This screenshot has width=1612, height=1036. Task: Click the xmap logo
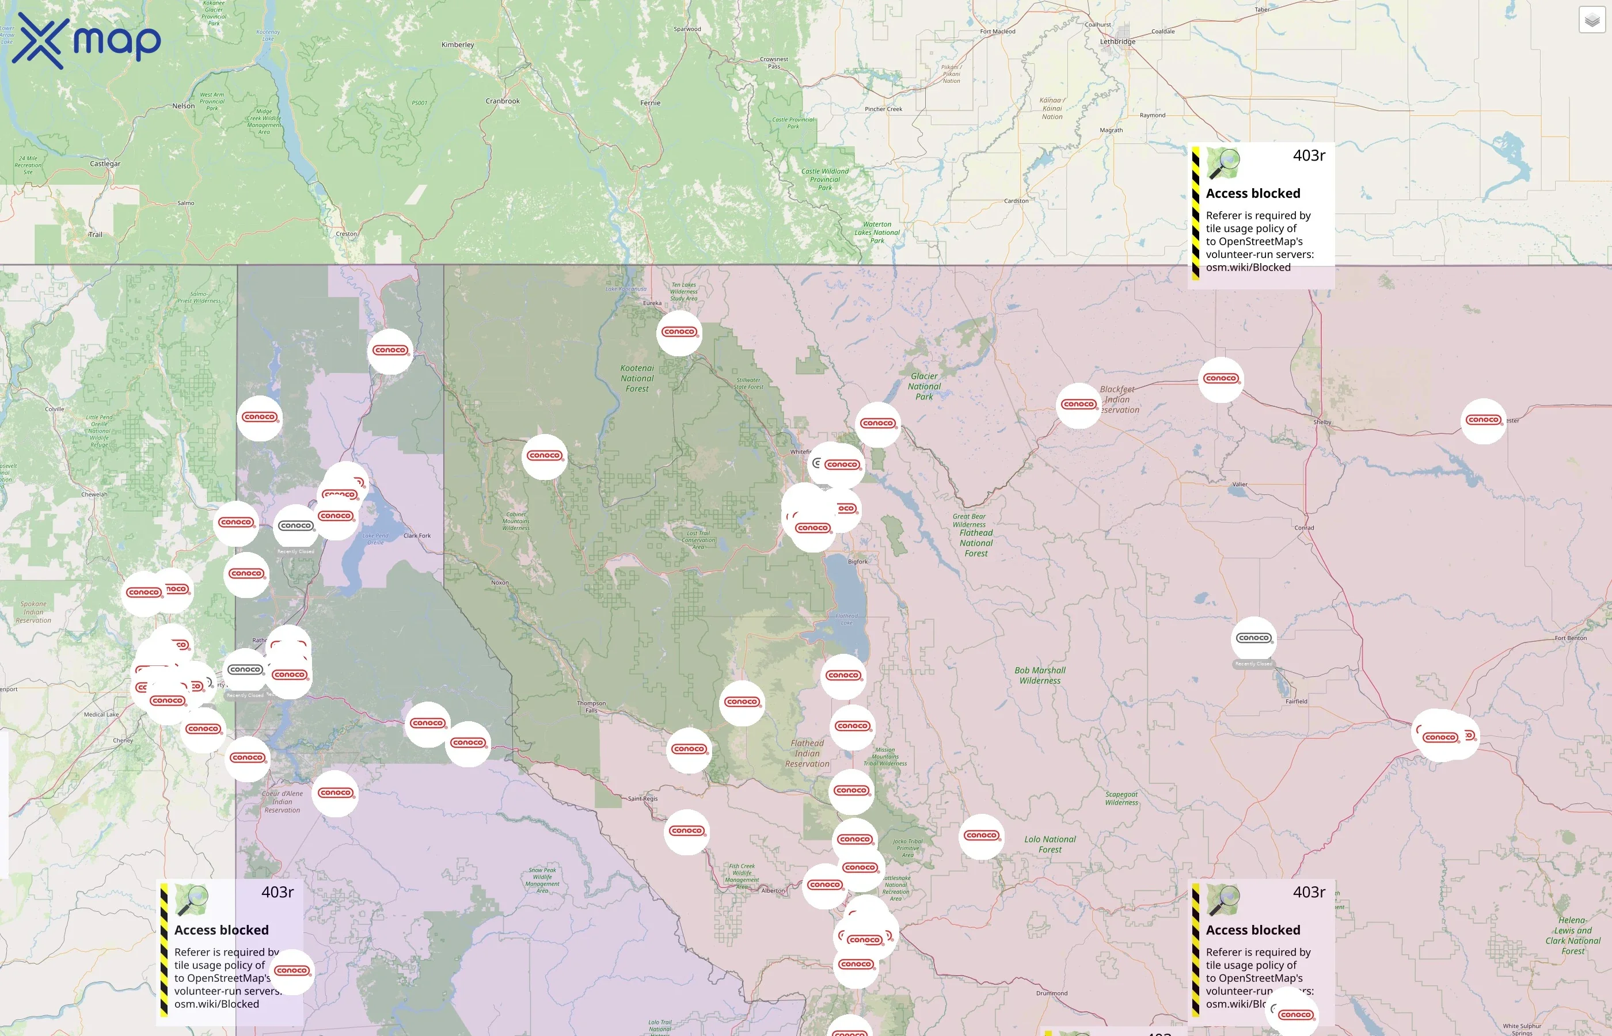point(86,41)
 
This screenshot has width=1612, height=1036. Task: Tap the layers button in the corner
point(1592,20)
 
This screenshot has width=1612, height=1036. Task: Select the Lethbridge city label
point(1117,41)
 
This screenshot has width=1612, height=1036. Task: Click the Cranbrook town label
point(503,101)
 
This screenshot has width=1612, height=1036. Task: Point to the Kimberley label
point(458,45)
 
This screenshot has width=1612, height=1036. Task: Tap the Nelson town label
point(184,106)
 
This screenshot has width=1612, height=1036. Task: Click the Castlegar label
point(105,164)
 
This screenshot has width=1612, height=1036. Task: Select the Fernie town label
point(650,103)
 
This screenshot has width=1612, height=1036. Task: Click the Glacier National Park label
point(924,386)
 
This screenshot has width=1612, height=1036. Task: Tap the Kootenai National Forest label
point(637,378)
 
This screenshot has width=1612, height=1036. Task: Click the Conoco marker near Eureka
point(679,332)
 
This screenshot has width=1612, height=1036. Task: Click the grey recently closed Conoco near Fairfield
point(1253,638)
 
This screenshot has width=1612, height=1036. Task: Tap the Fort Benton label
point(1571,638)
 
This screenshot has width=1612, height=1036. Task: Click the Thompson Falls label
point(591,706)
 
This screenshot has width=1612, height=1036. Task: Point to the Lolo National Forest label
point(1050,844)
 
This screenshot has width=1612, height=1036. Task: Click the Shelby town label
point(1322,422)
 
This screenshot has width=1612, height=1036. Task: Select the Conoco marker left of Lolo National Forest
point(981,836)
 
